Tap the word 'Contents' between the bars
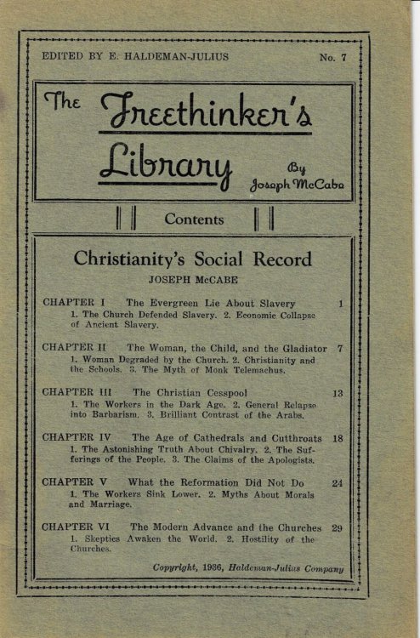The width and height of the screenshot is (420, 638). pyautogui.click(x=194, y=219)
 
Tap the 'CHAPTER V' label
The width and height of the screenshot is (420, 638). pyautogui.click(x=75, y=482)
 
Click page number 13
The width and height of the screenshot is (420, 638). pyautogui.click(x=338, y=393)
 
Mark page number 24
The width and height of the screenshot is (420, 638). pyautogui.click(x=338, y=482)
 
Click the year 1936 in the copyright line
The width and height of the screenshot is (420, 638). pyautogui.click(x=225, y=568)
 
